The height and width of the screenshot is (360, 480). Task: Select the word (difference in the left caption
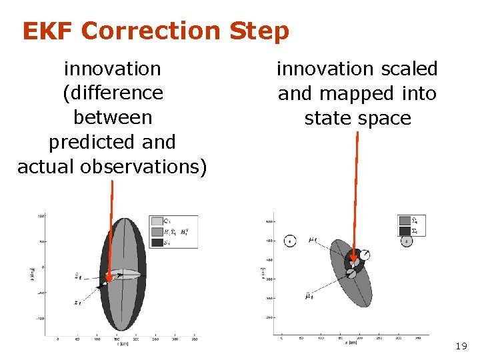(x=112, y=93)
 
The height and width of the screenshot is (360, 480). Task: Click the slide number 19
(x=460, y=347)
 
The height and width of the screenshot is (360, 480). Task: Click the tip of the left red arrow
(x=111, y=275)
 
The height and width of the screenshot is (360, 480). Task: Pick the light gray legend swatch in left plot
(x=157, y=221)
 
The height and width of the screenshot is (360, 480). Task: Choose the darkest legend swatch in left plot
(x=157, y=243)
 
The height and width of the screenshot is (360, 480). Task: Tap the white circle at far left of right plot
(x=290, y=241)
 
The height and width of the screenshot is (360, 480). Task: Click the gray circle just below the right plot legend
(x=407, y=241)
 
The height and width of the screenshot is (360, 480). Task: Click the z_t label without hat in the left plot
(x=78, y=302)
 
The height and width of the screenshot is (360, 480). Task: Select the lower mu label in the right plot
(x=309, y=294)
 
